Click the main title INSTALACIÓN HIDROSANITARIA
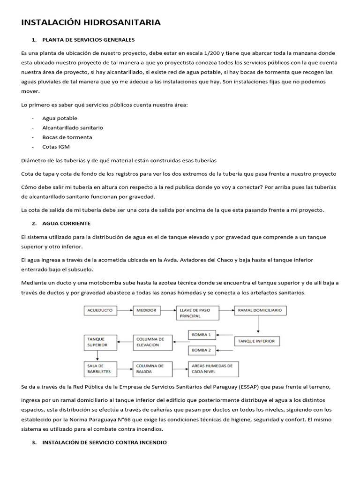tap(90, 22)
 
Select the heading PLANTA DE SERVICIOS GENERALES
tap(88, 39)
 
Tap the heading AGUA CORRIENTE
tap(66, 223)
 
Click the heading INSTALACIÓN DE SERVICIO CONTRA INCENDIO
tap(104, 442)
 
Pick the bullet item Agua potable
tap(60, 118)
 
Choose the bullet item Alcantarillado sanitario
tap(72, 127)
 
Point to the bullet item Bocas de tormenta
tap(67, 137)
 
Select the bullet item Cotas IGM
tap(56, 147)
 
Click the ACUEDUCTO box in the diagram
tap(101, 310)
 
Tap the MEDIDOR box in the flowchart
tap(147, 310)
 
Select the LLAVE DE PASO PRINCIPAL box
tap(197, 313)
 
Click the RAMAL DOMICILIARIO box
tap(260, 310)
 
